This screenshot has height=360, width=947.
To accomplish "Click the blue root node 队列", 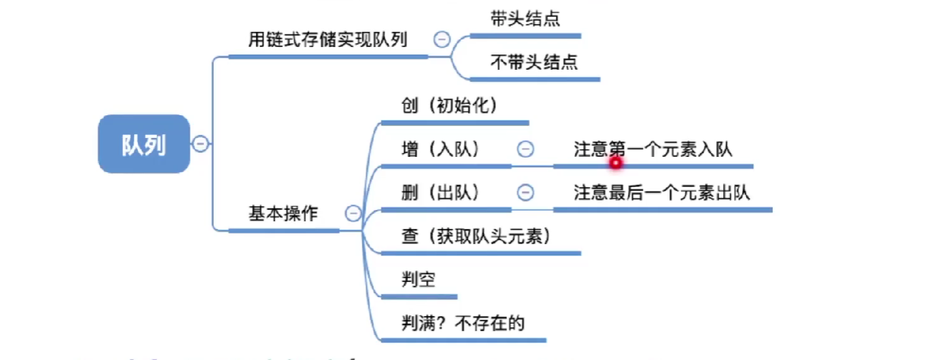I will [143, 144].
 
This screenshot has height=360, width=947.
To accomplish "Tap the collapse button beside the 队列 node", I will [200, 144].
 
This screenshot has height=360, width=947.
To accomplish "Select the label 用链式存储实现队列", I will [328, 39].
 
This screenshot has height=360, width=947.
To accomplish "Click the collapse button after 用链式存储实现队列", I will [441, 39].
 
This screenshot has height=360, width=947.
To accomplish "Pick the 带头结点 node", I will [525, 19].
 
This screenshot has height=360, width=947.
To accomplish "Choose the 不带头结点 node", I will [534, 62].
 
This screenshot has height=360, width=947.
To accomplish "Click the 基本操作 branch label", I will [283, 214].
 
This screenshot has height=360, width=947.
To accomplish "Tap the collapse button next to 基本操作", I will [353, 214].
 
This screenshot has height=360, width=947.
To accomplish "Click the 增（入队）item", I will [441, 149].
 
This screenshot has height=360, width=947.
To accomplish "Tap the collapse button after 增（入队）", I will [524, 149].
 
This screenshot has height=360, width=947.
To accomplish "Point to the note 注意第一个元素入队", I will [653, 149].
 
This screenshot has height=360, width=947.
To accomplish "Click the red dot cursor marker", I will [616, 161].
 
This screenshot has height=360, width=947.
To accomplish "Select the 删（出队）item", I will [441, 193].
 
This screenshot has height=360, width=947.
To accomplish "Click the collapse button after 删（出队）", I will [524, 193].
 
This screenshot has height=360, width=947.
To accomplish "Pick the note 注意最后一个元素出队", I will [662, 193].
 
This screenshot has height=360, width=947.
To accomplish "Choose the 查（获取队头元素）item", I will [475, 236].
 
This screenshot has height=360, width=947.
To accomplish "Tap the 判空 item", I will [419, 280].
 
